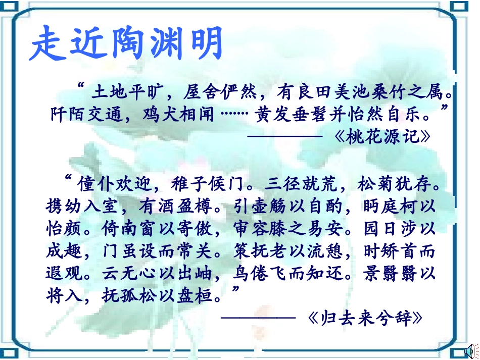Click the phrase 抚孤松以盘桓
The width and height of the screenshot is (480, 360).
(162, 295)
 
